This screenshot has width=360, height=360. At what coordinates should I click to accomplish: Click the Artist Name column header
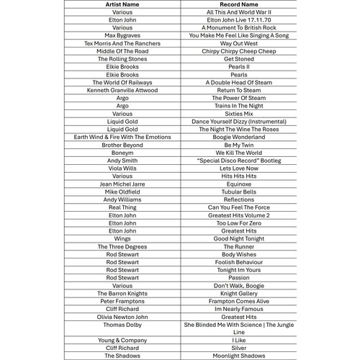(122, 4)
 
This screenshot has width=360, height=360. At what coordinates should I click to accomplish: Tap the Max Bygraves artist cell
(122, 35)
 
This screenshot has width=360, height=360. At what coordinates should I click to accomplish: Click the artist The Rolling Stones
(122, 59)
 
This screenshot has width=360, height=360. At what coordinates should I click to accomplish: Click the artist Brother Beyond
(122, 145)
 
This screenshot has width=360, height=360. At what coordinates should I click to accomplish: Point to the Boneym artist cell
(122, 153)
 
